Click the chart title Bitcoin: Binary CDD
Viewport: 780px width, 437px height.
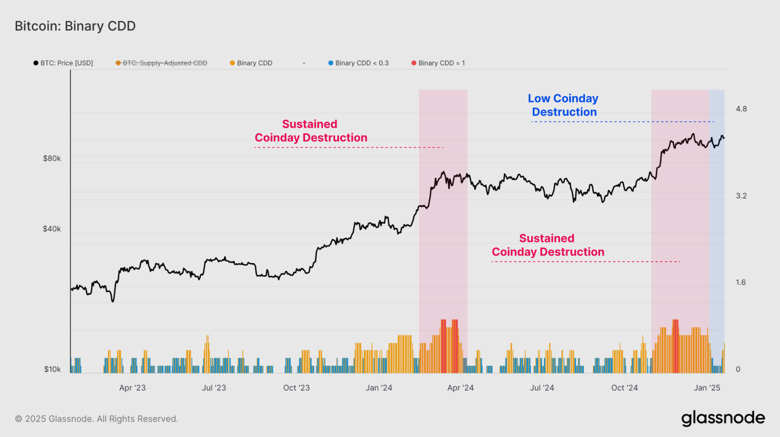(75, 26)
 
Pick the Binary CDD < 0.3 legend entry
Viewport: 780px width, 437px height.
(358, 63)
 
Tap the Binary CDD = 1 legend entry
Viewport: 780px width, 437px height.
(438, 63)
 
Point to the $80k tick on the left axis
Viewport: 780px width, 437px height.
(52, 158)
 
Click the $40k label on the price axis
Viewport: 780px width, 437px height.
(52, 229)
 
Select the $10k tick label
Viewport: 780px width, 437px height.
(52, 369)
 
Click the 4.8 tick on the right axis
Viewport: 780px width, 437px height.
(741, 109)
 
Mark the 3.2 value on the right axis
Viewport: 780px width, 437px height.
(741, 196)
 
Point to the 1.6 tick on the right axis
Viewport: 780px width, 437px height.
(741, 282)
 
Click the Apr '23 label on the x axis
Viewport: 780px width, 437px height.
(132, 388)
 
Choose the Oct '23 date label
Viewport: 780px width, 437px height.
(297, 388)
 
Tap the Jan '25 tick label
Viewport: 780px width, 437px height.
(707, 388)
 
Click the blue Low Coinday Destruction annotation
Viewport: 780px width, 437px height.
(563, 105)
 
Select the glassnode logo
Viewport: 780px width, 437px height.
(723, 418)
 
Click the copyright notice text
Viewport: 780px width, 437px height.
(96, 419)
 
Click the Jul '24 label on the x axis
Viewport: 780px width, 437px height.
(542, 388)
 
